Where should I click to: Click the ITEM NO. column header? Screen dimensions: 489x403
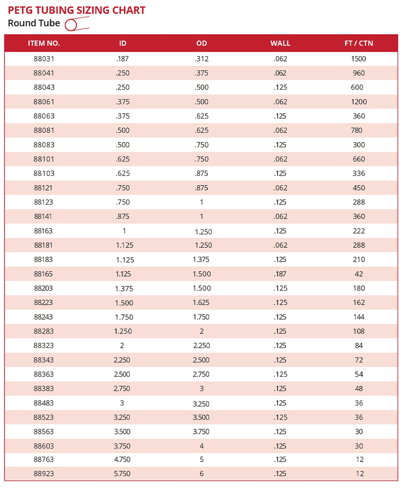(x=44, y=43)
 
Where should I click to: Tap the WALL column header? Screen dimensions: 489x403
(x=280, y=43)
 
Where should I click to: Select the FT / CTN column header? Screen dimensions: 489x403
(x=359, y=43)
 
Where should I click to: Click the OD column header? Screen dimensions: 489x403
(x=201, y=43)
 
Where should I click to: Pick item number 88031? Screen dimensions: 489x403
(x=44, y=59)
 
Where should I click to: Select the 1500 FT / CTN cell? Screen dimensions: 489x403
(x=359, y=59)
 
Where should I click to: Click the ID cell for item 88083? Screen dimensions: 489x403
(x=122, y=145)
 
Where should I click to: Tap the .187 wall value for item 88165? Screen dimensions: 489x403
(x=280, y=274)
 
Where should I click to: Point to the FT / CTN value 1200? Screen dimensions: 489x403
(x=359, y=102)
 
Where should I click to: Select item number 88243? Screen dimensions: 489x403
(x=44, y=317)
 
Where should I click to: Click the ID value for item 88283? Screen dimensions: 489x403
(x=123, y=331)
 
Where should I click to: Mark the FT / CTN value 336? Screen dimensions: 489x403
(x=359, y=174)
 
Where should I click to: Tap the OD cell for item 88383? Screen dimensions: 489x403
(x=201, y=389)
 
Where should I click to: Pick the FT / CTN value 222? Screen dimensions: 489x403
(x=359, y=231)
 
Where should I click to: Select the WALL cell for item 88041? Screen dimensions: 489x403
(x=280, y=73)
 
